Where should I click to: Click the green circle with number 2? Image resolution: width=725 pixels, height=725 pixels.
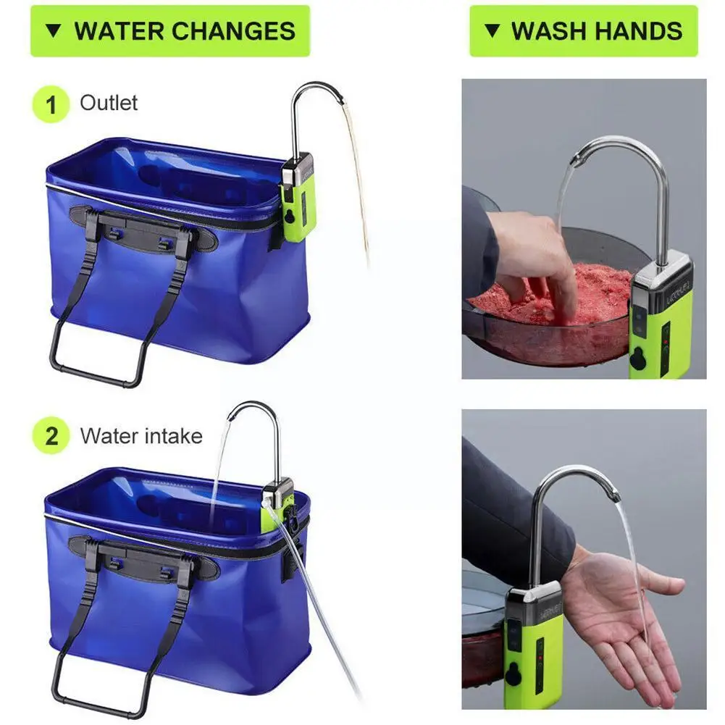(x=51, y=437)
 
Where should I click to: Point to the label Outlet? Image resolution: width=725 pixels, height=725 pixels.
(x=109, y=103)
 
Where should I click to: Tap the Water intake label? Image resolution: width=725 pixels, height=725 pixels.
(x=141, y=436)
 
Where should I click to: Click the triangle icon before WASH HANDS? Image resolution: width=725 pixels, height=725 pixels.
(x=493, y=31)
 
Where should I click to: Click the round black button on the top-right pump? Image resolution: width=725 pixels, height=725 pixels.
(x=638, y=358)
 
